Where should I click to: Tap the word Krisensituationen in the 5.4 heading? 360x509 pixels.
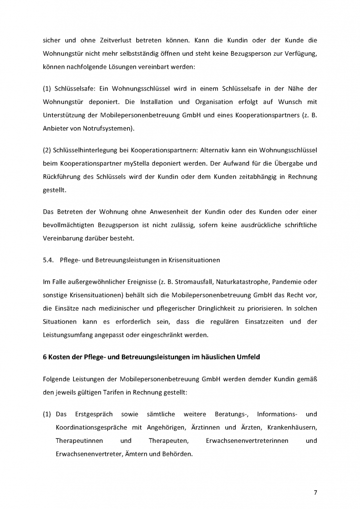(191, 260)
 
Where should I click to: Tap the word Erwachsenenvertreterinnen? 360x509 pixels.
(247, 440)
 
